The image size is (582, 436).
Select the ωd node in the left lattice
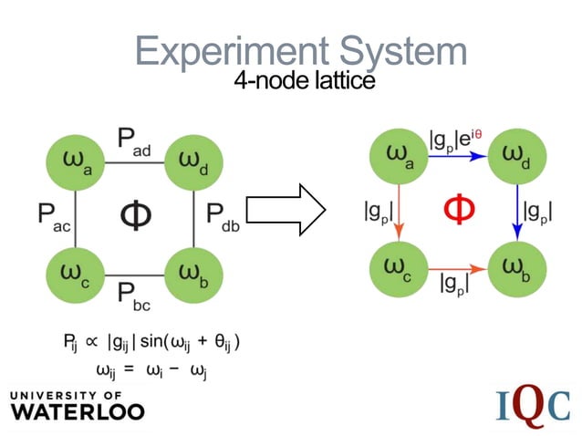192,162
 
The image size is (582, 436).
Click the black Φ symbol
134,215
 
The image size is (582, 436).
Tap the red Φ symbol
459,211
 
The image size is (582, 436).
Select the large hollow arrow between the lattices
286,215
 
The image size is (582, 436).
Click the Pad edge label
134,141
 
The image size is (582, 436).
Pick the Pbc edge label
134,294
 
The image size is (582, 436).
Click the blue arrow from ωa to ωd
458,156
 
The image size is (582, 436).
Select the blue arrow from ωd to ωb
517,213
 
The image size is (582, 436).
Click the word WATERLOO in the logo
78,410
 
